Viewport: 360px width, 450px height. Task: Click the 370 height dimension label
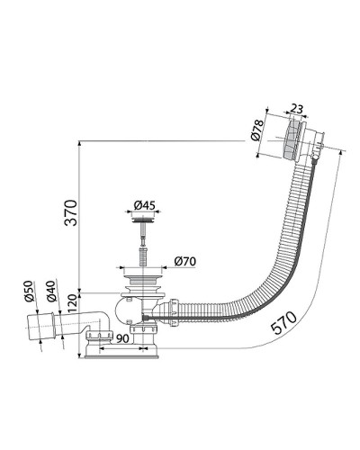(72, 212)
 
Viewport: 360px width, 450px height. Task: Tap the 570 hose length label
(283, 322)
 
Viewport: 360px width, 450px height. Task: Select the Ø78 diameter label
(257, 130)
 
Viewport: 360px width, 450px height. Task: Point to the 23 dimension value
(297, 109)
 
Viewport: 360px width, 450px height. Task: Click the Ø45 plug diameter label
(144, 205)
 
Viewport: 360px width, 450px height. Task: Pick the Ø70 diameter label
(185, 261)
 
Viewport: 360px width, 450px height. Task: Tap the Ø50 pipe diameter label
(28, 291)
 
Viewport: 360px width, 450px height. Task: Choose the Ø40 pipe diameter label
(50, 291)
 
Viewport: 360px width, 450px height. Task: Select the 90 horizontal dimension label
(122, 338)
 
